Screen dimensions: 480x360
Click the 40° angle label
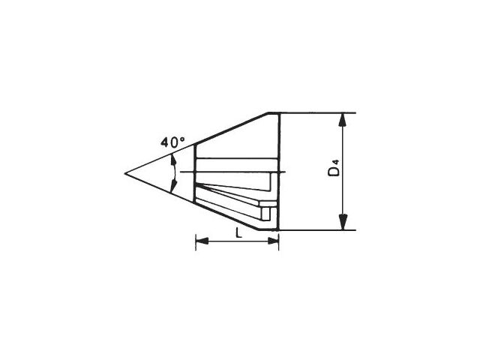click(x=173, y=142)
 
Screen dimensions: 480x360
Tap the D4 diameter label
click(x=334, y=168)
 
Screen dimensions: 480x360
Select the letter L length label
click(x=238, y=233)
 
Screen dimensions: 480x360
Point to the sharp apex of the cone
click(x=125, y=173)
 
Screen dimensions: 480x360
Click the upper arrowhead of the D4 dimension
click(x=343, y=120)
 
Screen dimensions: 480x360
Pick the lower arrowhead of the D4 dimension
click(x=343, y=223)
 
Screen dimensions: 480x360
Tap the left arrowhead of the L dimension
click(x=202, y=241)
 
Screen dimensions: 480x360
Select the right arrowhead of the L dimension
click(x=273, y=241)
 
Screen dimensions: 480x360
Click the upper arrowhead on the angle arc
click(x=173, y=160)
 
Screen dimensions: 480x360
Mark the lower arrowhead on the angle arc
click(x=174, y=187)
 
